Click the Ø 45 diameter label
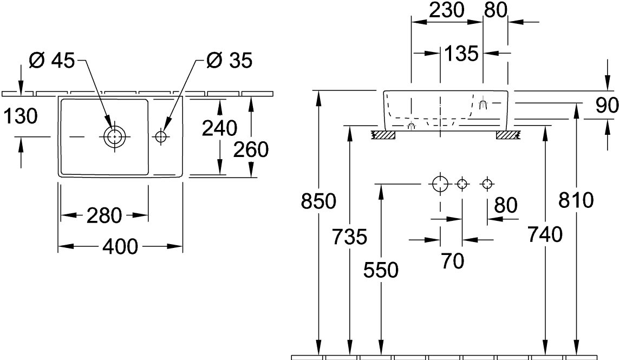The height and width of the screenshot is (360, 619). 51,61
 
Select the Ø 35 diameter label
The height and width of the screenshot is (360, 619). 229,61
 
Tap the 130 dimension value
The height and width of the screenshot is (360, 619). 20,116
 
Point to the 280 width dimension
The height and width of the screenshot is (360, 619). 103,215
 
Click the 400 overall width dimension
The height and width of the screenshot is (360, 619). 120,247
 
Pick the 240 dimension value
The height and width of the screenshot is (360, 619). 219,128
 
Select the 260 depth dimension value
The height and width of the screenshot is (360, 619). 251,149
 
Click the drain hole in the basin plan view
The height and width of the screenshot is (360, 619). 114,137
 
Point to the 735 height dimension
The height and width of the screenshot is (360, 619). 350,237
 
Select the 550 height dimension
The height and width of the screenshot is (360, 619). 382,269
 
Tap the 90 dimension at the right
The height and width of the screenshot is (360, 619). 607,106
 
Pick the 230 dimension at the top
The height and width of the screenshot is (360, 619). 447,10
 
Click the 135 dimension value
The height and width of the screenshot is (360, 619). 461,53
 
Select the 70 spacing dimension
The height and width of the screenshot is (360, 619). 452,261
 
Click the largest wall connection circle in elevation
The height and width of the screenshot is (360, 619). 440,184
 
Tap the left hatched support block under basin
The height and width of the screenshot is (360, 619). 383,134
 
